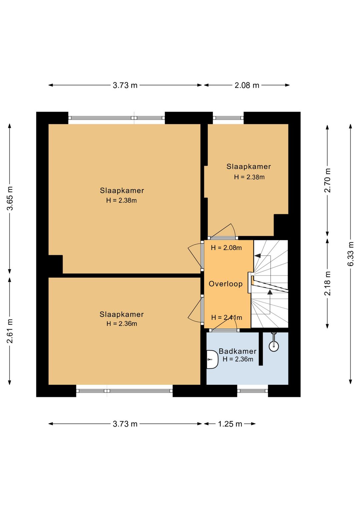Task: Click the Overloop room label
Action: [226, 284]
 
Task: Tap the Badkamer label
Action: [238, 351]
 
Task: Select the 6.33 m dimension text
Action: [351, 254]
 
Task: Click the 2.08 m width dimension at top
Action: [247, 85]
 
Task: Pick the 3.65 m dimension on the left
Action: [10, 198]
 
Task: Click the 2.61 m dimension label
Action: [10, 331]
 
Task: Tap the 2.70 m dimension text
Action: [328, 180]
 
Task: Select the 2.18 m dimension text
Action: [328, 283]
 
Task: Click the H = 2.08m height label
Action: [226, 248]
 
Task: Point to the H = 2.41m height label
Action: [226, 318]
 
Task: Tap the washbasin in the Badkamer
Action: [212, 360]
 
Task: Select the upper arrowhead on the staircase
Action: [257, 256]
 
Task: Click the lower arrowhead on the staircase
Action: [270, 292]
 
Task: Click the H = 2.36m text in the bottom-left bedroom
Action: [122, 324]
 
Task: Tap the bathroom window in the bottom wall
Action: [253, 391]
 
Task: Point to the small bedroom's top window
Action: [228, 118]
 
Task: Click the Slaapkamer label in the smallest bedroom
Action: [248, 166]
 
